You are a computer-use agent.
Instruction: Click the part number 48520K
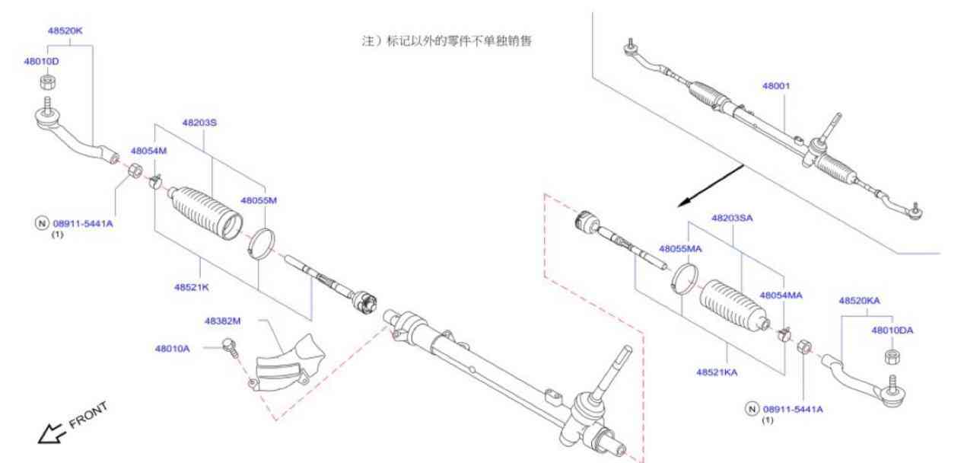click(65, 31)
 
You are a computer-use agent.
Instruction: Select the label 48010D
click(41, 61)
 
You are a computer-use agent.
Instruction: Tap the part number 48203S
click(199, 122)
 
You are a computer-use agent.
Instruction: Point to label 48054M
click(148, 151)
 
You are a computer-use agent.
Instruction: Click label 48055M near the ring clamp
click(259, 200)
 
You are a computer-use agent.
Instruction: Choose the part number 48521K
click(191, 287)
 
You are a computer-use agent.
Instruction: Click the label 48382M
click(222, 321)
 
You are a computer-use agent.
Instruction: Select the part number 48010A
click(173, 349)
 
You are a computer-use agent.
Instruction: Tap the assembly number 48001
click(776, 85)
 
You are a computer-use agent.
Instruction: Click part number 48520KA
click(859, 301)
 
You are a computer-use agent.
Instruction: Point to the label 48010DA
click(892, 330)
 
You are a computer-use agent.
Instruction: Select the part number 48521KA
click(717, 372)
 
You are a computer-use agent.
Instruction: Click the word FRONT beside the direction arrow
click(88, 415)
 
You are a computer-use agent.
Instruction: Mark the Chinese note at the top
click(446, 41)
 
